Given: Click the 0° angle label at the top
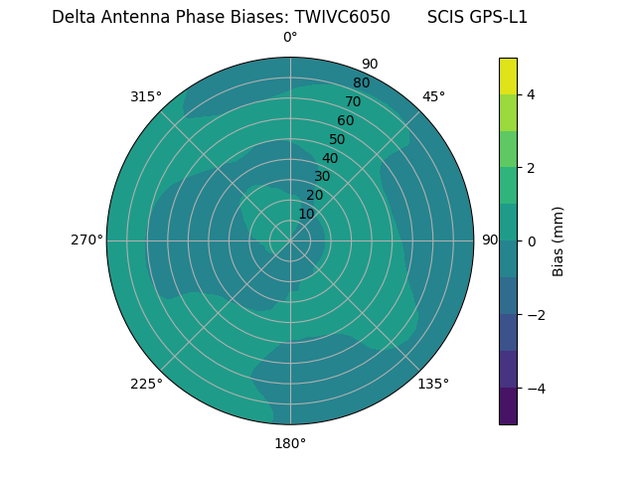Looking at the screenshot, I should point(290,38).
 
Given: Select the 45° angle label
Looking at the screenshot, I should point(433,96).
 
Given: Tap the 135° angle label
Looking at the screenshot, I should point(433,384).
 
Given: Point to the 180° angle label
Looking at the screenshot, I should point(290,443).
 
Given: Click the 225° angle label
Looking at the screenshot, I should point(146,384).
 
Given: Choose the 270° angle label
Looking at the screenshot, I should point(86,240).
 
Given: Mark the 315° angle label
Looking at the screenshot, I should point(146,96).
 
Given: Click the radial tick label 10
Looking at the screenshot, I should point(306,214).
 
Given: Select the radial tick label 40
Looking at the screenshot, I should point(330,158).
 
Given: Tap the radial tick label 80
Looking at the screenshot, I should point(361,83).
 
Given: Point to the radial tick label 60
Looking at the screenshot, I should point(345,121).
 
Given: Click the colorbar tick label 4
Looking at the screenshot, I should point(531,94).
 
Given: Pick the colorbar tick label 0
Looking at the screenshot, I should point(531,241).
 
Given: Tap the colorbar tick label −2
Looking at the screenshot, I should point(535,315).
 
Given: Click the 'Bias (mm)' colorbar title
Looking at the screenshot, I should point(558,241).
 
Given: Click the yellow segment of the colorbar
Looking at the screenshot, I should point(508,76).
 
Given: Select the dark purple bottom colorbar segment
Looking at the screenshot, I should point(508,406).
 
